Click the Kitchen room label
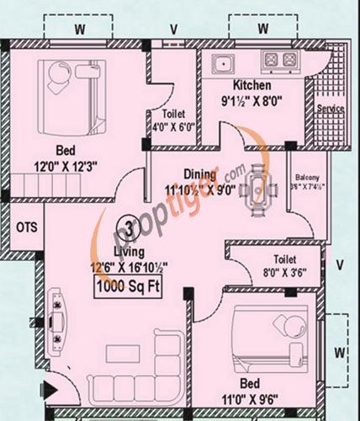point(252,86)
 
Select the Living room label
point(130,252)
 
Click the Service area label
point(330,109)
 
